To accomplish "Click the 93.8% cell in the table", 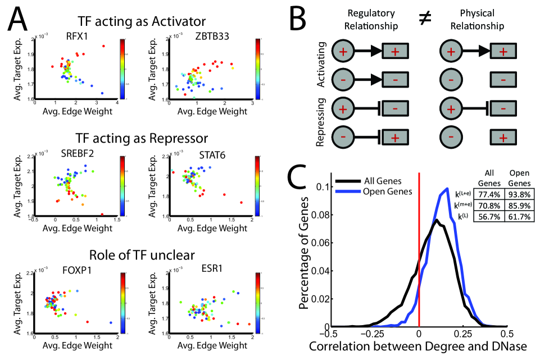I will (516, 193).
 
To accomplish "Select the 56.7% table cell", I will (488, 216).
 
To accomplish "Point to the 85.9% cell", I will (516, 204).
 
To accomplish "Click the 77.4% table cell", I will (488, 193).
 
